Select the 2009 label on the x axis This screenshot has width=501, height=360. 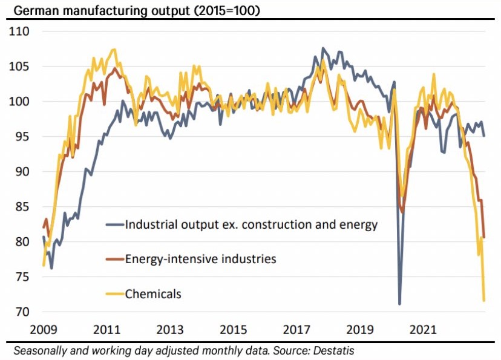43,330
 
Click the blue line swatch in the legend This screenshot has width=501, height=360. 114,224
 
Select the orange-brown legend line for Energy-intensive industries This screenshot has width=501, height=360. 114,260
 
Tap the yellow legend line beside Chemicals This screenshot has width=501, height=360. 114,295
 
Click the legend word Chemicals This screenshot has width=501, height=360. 153,295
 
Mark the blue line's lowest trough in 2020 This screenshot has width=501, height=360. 399,304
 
